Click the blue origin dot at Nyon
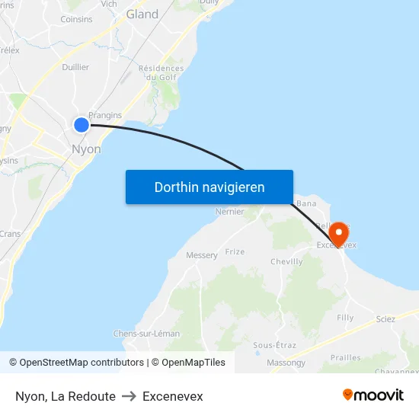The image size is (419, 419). coord(82,124)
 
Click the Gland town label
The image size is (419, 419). coord(142,14)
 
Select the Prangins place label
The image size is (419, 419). coord(105,115)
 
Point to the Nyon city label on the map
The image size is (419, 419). coord(86,149)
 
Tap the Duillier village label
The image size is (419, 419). coord(75,67)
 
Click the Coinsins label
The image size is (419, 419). coord(76,19)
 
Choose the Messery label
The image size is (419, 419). coord(202,255)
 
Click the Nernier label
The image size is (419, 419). coord(229,212)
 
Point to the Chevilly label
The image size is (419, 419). coord(286,261)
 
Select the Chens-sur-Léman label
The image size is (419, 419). coord(146,334)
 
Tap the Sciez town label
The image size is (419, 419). coord(385,319)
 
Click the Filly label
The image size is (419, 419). coord(345,317)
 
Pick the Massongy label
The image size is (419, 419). coord(286,363)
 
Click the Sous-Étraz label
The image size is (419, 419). coord(274,345)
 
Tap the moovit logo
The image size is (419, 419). coord(373,395)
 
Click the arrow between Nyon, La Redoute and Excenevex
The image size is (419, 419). coord(129,396)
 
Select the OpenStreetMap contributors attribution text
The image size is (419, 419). coord(76,363)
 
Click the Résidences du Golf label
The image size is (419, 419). coord(161,72)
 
